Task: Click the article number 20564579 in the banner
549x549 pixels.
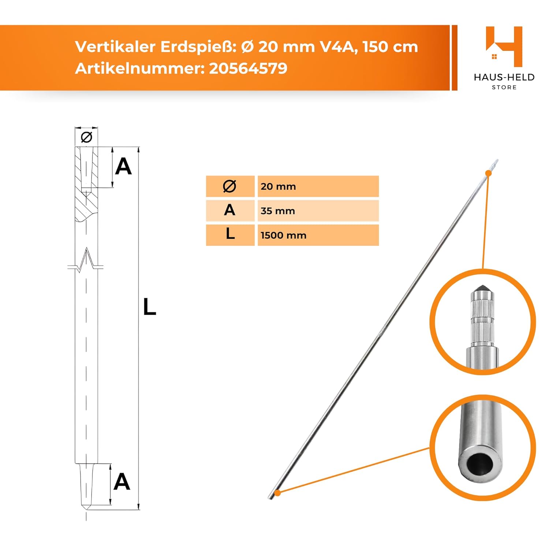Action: coord(248,68)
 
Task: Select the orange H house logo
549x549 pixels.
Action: coord(504,46)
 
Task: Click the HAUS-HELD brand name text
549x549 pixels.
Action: coord(504,77)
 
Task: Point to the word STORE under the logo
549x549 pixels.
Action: coord(504,87)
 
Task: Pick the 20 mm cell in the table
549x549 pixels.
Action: coord(318,186)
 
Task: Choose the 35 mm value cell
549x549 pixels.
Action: coord(318,211)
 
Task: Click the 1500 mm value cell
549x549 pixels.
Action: coord(318,235)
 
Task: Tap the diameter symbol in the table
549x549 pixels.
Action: coord(229,186)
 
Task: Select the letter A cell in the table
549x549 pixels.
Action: coord(230,210)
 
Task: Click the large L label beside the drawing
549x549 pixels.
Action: coord(149,307)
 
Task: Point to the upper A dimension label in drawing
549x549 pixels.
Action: coord(123,167)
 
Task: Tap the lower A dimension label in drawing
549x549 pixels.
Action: coord(122,482)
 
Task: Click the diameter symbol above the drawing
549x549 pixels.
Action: coord(87,137)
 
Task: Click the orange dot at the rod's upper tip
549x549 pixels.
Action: coord(488,173)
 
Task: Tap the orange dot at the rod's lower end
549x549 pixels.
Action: coord(278,493)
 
